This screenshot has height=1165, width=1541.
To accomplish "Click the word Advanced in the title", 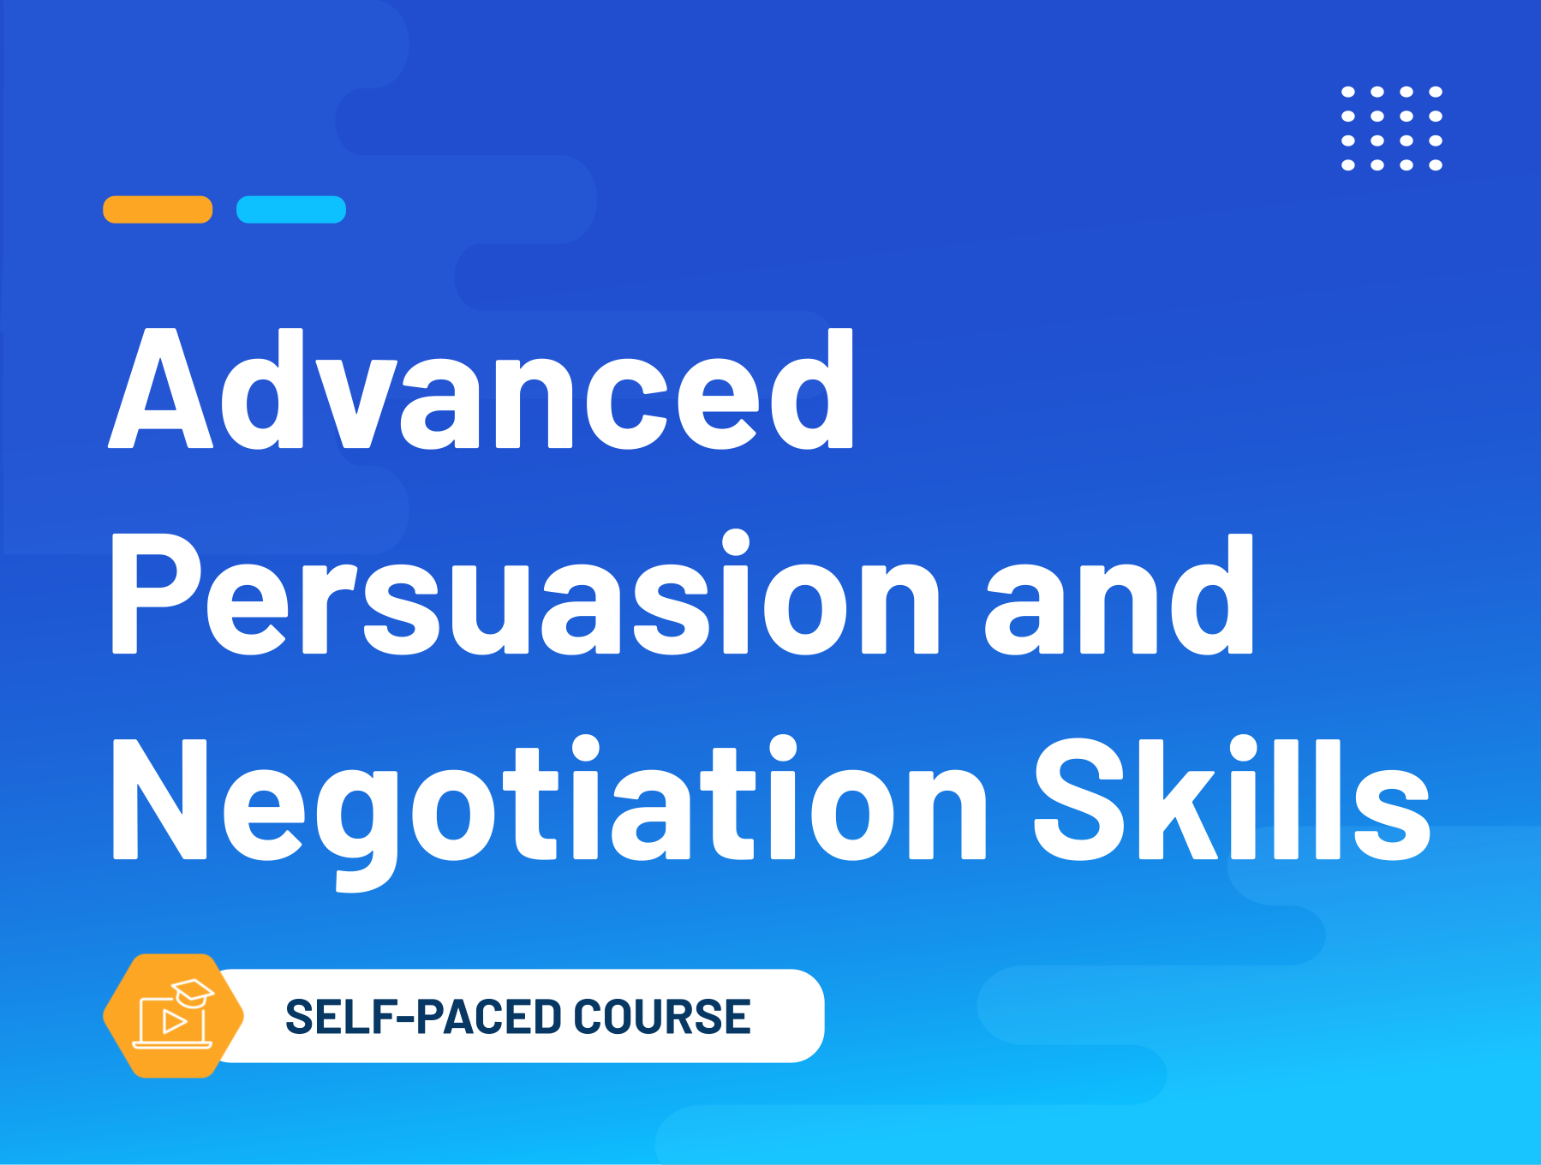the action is pos(481,389).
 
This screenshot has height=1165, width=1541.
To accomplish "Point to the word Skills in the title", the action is pos(1233,798).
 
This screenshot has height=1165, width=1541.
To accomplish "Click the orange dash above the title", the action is pos(158,209).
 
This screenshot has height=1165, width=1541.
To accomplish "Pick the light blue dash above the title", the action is pos(291,209).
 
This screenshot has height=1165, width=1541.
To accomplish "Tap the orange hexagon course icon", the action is pos(174,1016).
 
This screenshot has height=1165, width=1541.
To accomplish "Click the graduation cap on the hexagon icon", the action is pos(193,992).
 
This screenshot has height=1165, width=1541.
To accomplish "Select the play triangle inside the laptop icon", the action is pos(175,1021).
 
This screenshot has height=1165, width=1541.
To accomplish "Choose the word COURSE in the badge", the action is pos(662,1017).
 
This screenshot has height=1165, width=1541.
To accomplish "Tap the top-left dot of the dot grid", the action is pos(1348,92).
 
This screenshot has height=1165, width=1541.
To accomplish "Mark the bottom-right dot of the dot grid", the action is pos(1436,164).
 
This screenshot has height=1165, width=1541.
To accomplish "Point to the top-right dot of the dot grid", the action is pos(1436,92).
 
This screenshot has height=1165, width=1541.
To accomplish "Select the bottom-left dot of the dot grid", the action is pos(1348,164).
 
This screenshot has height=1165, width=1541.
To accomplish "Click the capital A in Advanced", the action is pos(161,389).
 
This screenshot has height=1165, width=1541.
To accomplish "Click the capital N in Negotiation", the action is pos(160,798).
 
